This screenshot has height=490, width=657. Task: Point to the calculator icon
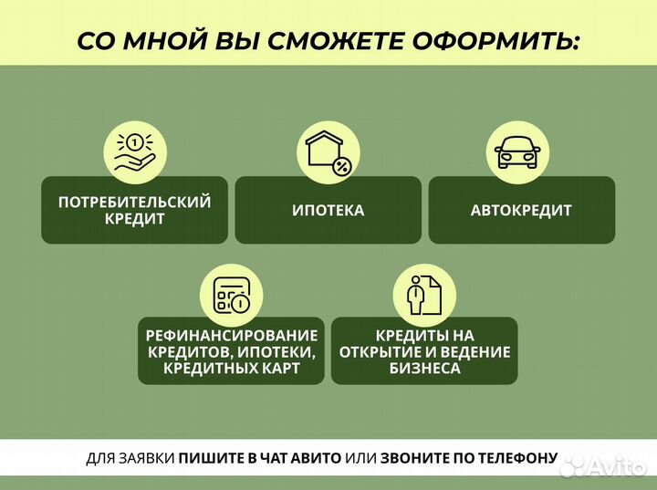tap(231, 294)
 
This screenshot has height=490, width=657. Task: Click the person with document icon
tap(423, 294)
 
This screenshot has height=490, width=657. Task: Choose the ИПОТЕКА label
tap(328, 211)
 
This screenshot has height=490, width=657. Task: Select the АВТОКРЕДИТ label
tap(521, 211)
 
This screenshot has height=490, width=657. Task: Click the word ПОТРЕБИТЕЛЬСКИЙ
tap(134, 203)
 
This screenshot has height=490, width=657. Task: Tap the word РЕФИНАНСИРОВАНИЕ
tap(231, 335)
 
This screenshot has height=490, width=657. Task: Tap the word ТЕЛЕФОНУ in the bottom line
tap(514, 458)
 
